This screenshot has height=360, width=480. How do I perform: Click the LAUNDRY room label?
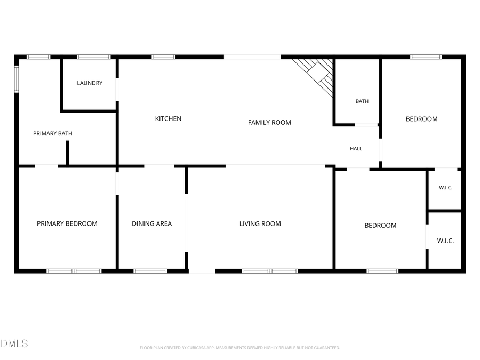pyautogui.click(x=90, y=83)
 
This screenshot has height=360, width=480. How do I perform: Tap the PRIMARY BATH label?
pyautogui.click(x=53, y=133)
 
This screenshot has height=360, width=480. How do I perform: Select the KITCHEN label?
pyautogui.click(x=168, y=118)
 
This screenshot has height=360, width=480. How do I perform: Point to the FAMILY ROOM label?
pyautogui.click(x=269, y=123)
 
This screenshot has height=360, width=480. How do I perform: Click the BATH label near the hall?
pyautogui.click(x=362, y=101)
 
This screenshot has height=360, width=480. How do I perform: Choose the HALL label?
pyautogui.click(x=356, y=148)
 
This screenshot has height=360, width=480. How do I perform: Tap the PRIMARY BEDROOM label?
pyautogui.click(x=67, y=224)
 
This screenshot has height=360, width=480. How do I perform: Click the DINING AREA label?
pyautogui.click(x=152, y=224)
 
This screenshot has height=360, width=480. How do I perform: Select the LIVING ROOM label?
pyautogui.click(x=260, y=224)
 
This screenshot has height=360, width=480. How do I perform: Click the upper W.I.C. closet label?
pyautogui.click(x=445, y=188)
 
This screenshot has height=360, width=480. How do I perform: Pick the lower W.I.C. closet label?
pyautogui.click(x=445, y=241)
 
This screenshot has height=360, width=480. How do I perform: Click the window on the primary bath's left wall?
pyautogui.click(x=17, y=79)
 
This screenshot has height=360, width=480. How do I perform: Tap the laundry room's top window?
pyautogui.click(x=93, y=57)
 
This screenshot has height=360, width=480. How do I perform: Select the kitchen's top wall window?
pyautogui.click(x=164, y=57)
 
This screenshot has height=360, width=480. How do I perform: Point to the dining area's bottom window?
pyautogui.click(x=150, y=271)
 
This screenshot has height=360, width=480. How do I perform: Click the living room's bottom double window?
pyautogui.click(x=270, y=271)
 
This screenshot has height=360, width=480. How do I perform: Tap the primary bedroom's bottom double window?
pyautogui.click(x=74, y=271)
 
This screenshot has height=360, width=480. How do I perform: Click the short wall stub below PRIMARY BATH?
pyautogui.click(x=67, y=153)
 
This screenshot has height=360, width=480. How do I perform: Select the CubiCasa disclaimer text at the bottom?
pyautogui.click(x=239, y=348)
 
